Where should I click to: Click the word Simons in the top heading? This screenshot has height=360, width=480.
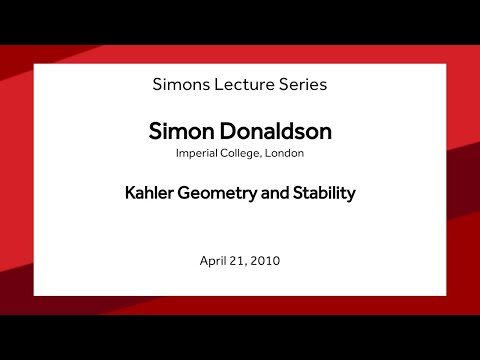tap(180, 84)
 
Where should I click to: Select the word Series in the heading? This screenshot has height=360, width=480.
tap(301, 84)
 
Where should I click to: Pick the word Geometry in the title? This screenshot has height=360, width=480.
tap(221, 194)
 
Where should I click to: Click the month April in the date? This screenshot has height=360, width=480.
tap(214, 261)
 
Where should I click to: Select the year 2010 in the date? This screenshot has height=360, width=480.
tap(267, 261)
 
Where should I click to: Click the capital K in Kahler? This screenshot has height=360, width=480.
tap(130, 194)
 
